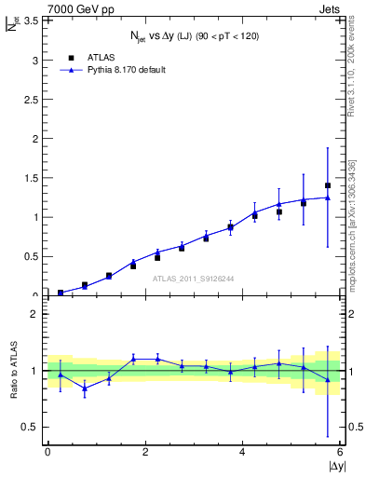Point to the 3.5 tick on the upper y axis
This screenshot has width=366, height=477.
coord(28,20)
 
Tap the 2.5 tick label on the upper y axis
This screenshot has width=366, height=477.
coord(28,100)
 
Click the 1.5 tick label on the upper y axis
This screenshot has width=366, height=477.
coord(28,178)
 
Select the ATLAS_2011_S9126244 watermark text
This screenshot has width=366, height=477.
coord(193,278)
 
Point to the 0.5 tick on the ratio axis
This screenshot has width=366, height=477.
coord(28,427)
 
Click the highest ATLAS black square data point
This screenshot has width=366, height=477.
coord(328,185)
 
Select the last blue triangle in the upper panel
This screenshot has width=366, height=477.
coord(328,198)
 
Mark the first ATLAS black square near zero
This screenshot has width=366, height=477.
coord(61,293)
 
